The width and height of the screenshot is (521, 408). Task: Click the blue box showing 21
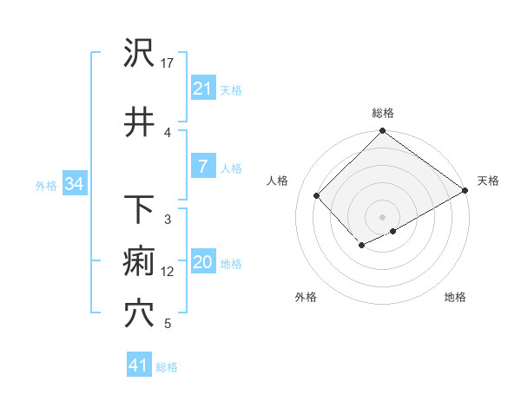(202, 89)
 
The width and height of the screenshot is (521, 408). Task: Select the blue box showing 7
(202, 167)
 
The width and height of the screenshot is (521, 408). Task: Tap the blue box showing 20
(202, 262)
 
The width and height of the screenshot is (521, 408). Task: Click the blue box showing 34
(73, 184)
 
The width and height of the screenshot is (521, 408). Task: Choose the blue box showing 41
(138, 365)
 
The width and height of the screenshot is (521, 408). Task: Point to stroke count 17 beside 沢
(168, 63)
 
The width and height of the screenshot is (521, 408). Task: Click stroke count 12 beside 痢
(168, 272)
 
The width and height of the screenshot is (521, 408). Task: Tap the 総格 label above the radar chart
(382, 113)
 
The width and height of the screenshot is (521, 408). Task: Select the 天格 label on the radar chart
(488, 181)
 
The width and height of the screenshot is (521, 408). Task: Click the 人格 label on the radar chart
(278, 181)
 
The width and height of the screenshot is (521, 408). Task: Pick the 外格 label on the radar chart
(306, 298)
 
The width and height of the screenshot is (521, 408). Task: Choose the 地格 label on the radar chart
(455, 298)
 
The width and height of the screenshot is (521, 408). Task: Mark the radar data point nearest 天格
(465, 190)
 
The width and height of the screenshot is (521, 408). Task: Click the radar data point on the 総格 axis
(382, 132)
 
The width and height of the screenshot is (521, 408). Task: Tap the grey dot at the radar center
(382, 216)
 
